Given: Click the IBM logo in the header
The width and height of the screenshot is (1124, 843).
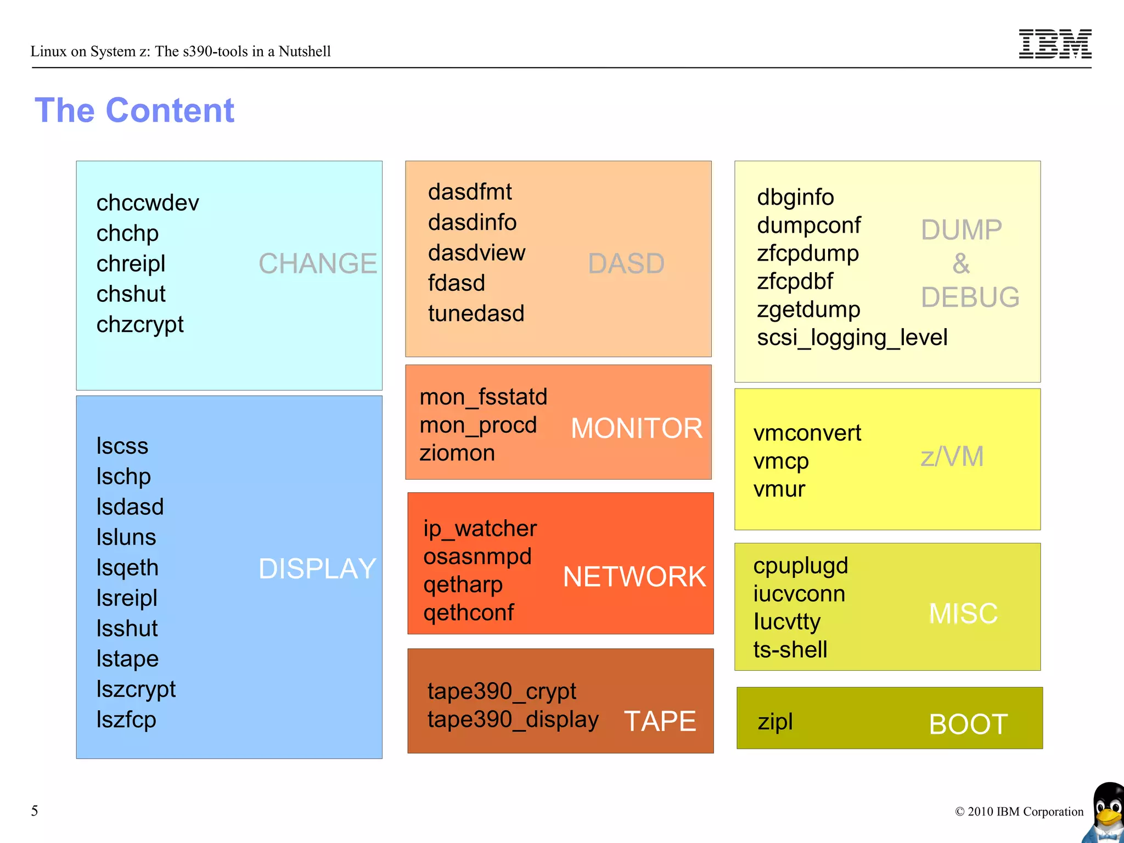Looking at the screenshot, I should coord(1054,44).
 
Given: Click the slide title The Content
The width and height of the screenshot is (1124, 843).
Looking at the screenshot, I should coord(134,110).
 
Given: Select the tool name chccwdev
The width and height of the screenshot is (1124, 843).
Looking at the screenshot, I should coord(148,203).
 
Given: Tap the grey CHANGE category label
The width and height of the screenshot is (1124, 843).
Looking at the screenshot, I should coord(317,263).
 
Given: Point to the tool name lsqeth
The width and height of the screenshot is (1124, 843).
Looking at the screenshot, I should coord(127,567).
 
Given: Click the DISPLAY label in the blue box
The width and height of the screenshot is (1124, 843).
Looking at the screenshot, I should coord(317,569).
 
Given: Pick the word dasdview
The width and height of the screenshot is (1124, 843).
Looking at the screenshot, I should coord(476,253).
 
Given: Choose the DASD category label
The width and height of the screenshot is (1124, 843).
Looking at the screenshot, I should coord(626,263).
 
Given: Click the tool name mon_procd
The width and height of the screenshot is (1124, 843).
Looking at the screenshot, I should coord(478,425).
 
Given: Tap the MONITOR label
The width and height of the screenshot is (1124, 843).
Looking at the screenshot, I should coord(637,428).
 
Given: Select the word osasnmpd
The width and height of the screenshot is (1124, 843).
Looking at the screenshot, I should coord(477,557).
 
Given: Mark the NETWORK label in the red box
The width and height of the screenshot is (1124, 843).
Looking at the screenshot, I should coord(634,577).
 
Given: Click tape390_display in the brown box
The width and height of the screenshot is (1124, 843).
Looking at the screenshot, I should coord(513,720).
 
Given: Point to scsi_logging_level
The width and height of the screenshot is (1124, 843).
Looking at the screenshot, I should coord(852,338).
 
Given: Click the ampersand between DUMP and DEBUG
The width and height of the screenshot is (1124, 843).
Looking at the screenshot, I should coord(961,263).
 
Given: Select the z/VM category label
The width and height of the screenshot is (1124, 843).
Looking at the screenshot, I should coord(952,457).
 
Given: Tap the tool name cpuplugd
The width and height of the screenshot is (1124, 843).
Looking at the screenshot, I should coord(800,566).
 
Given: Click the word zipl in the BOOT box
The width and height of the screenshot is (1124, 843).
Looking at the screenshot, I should coord(775,721).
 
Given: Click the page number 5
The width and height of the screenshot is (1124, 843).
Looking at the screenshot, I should coord(35,811).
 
